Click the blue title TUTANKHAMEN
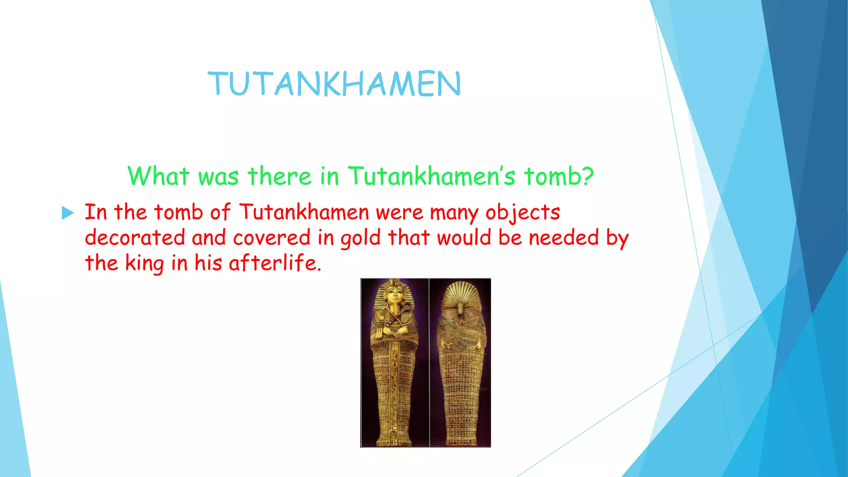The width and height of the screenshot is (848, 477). (334, 84)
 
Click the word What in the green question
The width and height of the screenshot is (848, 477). (158, 176)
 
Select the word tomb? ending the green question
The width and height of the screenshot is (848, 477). (559, 176)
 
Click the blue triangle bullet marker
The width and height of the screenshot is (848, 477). (67, 213)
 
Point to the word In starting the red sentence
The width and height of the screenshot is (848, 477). (96, 212)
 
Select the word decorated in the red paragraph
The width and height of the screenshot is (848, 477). (135, 238)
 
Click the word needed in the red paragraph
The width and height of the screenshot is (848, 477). (564, 238)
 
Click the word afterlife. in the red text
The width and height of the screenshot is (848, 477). (275, 263)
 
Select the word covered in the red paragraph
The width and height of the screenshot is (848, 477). (272, 238)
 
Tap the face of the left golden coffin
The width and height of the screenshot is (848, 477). (394, 296)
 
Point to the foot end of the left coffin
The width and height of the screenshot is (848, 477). (394, 439)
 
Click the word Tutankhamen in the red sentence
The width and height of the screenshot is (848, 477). (304, 212)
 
